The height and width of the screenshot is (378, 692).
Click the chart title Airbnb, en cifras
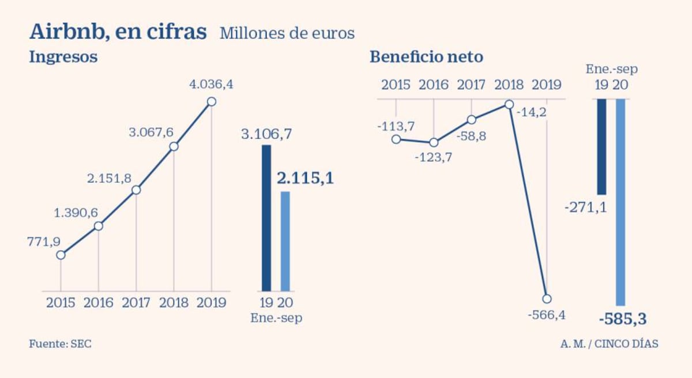click(x=118, y=32)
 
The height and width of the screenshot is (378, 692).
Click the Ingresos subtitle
click(x=63, y=58)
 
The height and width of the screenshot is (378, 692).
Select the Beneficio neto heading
click(x=426, y=57)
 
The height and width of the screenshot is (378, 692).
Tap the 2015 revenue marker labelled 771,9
click(x=61, y=255)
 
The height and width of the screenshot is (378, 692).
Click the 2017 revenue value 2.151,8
click(x=110, y=179)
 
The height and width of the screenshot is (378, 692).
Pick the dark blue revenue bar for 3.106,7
click(x=266, y=218)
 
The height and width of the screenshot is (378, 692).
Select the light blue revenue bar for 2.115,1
click(x=285, y=241)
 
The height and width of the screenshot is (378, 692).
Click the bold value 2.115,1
click(x=305, y=179)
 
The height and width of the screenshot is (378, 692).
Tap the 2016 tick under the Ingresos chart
click(x=98, y=303)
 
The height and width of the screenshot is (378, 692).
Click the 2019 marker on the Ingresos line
click(x=212, y=101)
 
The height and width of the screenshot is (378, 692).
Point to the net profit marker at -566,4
click(x=547, y=298)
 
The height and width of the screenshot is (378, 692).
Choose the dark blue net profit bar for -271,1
click(x=601, y=147)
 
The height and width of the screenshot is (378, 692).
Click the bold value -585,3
click(x=623, y=319)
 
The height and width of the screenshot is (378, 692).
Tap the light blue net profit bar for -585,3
click(x=620, y=202)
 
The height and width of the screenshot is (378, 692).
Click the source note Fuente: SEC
click(x=60, y=344)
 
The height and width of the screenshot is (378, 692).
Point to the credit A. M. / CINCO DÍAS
click(x=609, y=344)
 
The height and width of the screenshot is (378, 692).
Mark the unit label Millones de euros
click(x=287, y=33)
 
